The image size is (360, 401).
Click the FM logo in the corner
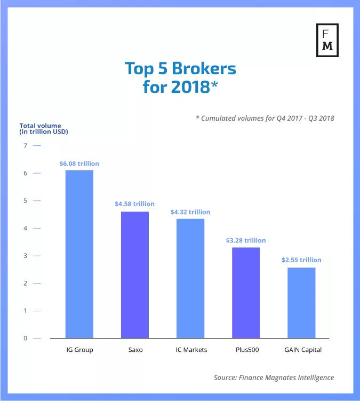point(327,40)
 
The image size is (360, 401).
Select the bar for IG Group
point(79,254)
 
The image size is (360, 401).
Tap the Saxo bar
point(135,274)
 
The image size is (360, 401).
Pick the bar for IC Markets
point(190,278)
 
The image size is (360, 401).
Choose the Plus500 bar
point(246,293)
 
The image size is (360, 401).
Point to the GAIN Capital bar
point(301,303)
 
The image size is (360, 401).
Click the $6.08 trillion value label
point(79,163)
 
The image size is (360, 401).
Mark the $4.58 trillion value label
point(135,204)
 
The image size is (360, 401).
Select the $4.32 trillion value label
point(190,212)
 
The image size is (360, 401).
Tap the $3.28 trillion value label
point(246,240)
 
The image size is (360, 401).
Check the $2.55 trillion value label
point(301,260)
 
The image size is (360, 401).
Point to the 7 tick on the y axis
point(25,146)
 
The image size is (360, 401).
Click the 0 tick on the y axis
point(25,338)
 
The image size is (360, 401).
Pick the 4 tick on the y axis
point(25,228)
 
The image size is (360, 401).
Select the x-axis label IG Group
point(79,350)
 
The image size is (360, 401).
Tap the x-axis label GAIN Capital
point(301,350)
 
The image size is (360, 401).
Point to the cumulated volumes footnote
point(265,118)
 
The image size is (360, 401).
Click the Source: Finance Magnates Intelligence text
point(274,378)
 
